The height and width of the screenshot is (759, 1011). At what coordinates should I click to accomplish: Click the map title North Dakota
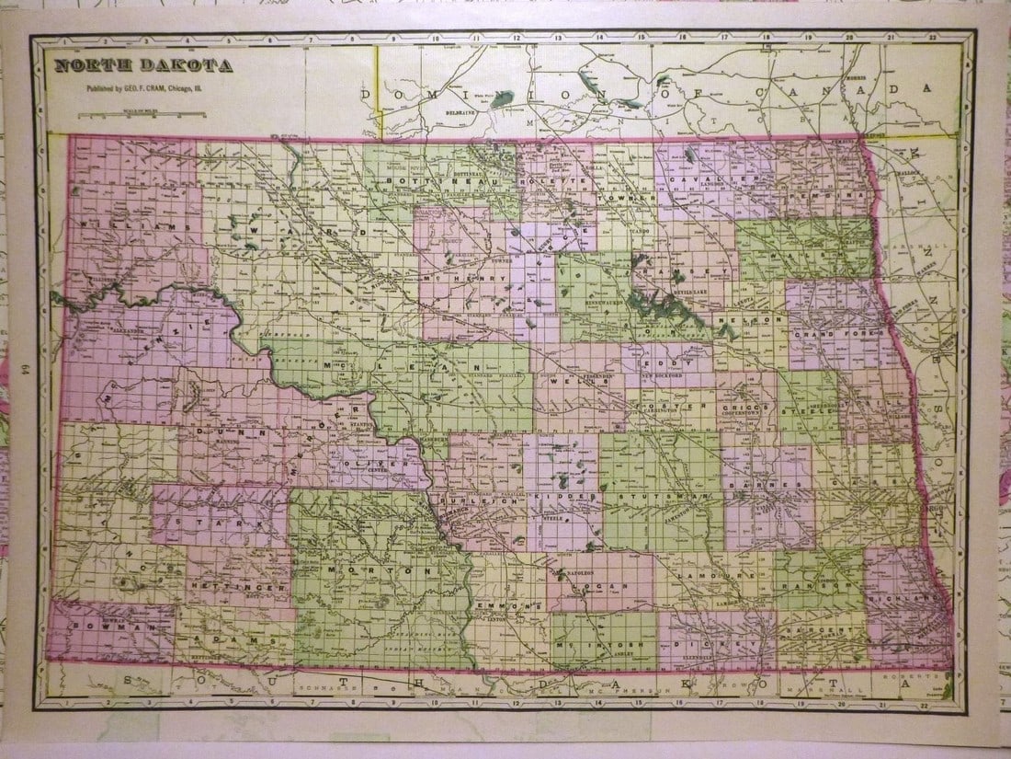click(x=143, y=65)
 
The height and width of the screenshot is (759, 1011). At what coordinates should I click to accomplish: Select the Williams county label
click(x=137, y=224)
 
